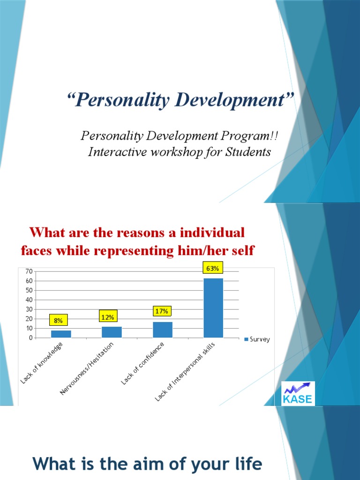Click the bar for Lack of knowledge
[x=61, y=334]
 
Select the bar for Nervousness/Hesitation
[x=112, y=332]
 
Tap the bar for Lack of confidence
[x=163, y=330]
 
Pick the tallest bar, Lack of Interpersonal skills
[x=213, y=308]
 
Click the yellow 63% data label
[x=212, y=269]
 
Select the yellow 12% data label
[x=108, y=317]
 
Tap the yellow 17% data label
[x=162, y=311]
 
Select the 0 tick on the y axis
[x=30, y=337]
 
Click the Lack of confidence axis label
[x=143, y=363]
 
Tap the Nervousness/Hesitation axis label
[x=87, y=368]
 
